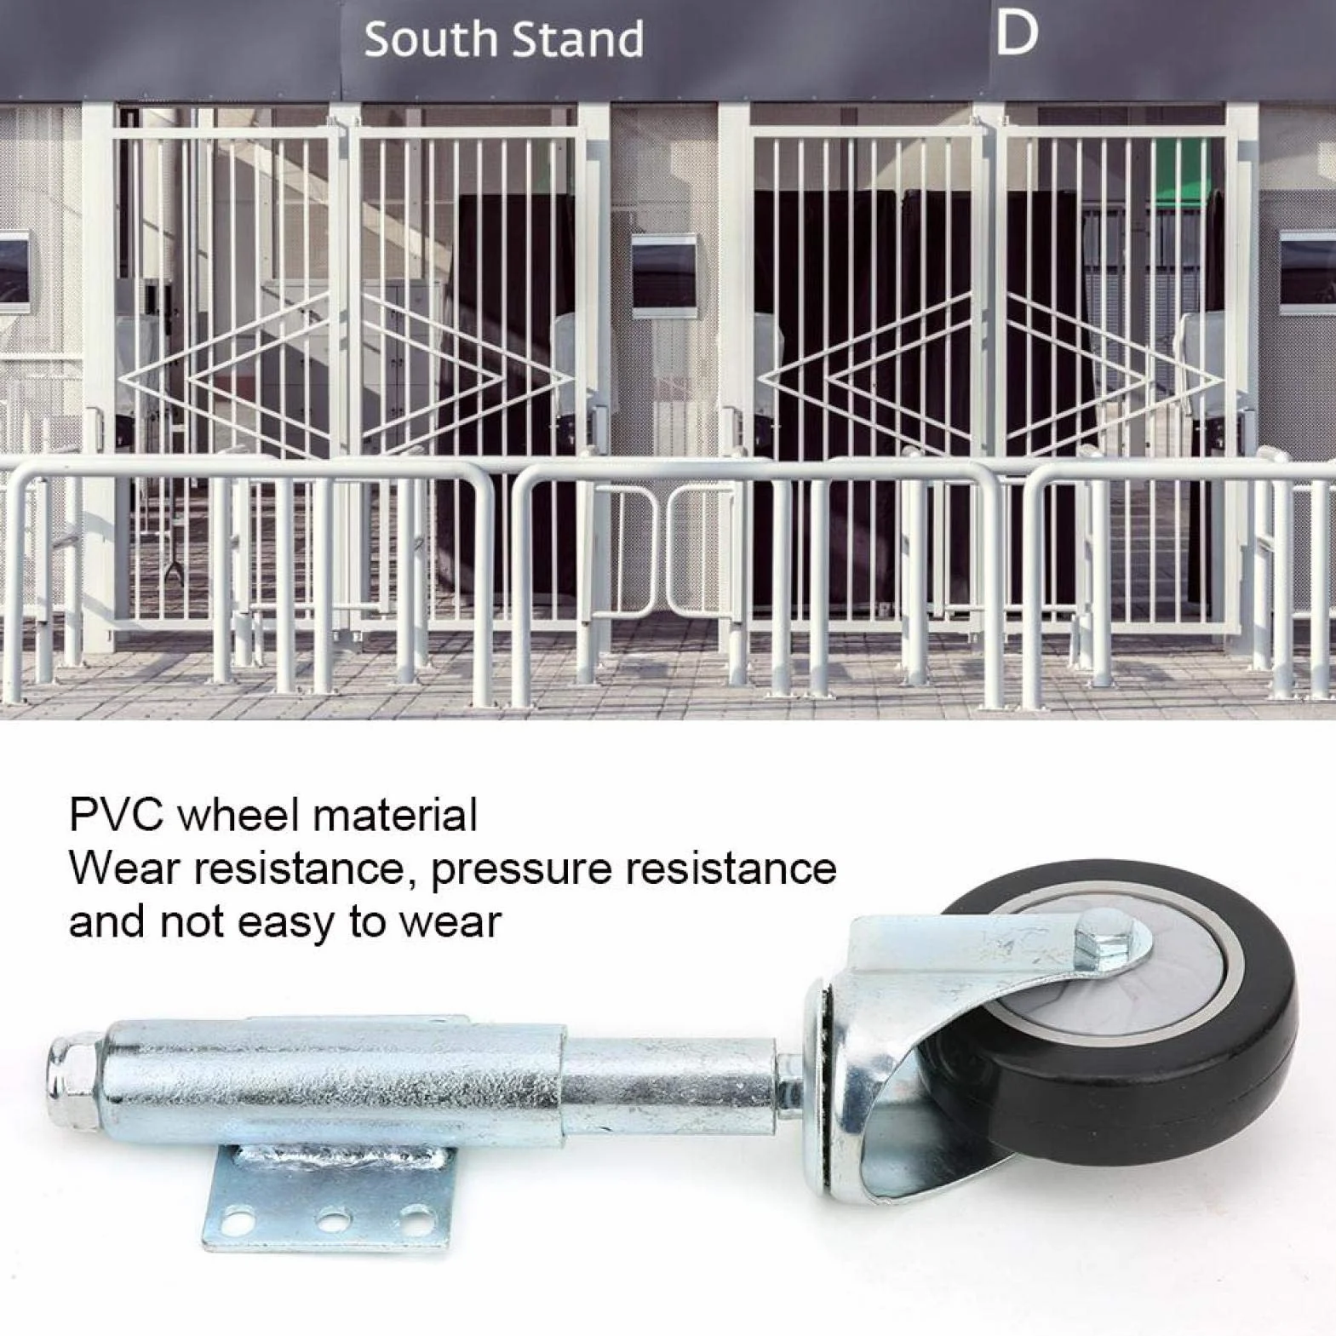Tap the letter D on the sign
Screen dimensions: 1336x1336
(x=1017, y=33)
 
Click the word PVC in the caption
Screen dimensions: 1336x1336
(x=116, y=815)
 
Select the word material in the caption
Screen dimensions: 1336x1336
(x=395, y=815)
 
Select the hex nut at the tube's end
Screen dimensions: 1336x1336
(x=74, y=1081)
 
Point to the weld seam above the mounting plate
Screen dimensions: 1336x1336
(x=341, y=1159)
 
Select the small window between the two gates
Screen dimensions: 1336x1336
(x=664, y=274)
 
